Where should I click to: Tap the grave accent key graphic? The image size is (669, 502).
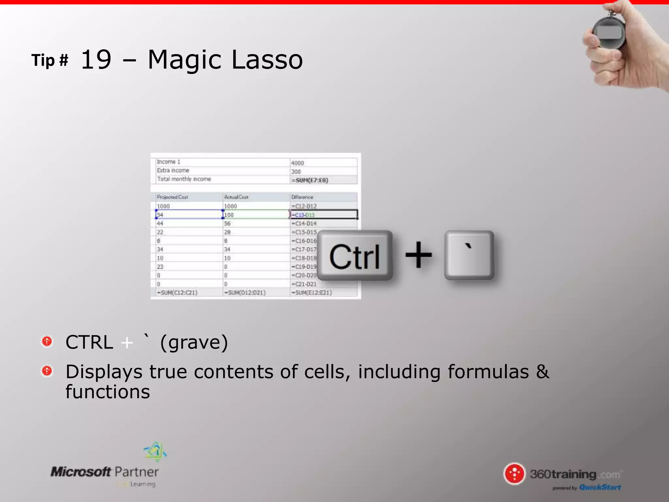click(469, 255)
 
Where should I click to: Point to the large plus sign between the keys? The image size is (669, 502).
click(418, 255)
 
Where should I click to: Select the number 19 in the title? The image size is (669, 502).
click(96, 60)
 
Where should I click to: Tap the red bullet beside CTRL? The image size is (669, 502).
click(47, 342)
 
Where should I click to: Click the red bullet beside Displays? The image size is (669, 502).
click(47, 371)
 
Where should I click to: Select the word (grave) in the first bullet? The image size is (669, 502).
click(194, 343)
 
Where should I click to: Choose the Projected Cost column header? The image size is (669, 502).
click(172, 197)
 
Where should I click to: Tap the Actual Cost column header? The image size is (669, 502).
click(236, 197)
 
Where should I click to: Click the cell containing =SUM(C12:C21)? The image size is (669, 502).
click(177, 293)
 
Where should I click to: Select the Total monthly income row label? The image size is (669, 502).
click(184, 179)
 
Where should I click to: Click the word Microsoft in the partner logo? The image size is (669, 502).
click(81, 472)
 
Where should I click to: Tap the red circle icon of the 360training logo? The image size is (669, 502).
click(514, 474)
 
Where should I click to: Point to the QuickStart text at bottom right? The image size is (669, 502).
click(600, 487)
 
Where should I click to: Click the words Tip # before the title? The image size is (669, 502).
click(50, 60)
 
